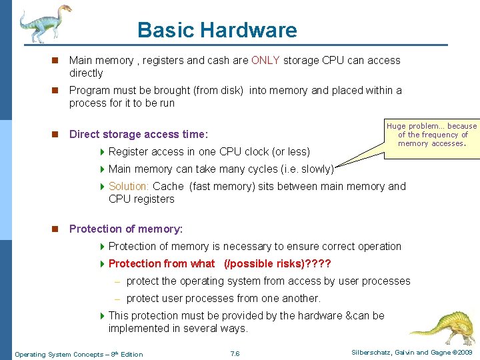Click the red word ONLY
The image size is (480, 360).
265,61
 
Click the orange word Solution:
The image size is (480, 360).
129,187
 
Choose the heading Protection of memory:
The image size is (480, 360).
126,229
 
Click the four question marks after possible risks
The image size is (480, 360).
317,264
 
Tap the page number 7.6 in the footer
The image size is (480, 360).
234,353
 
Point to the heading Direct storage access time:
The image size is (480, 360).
139,134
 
